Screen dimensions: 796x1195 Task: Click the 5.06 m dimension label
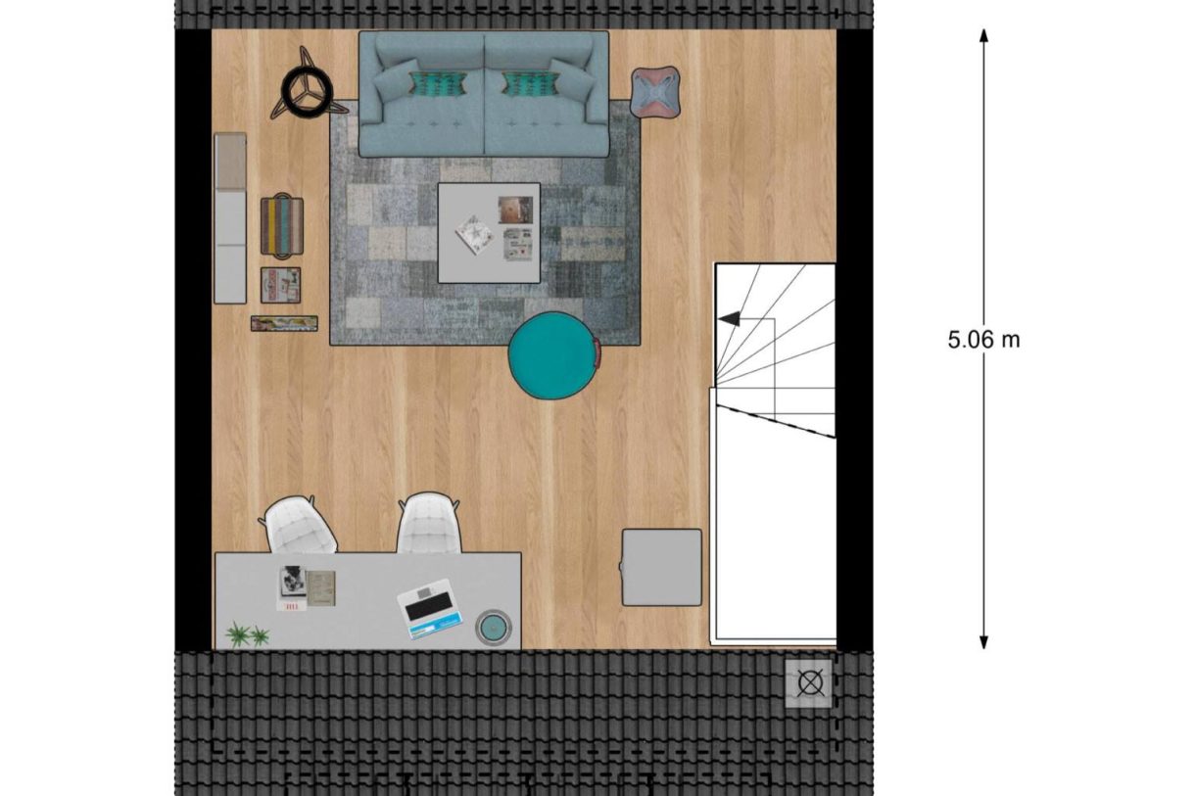983,340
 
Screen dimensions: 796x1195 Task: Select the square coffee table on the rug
489,233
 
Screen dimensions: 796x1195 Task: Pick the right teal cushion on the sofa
530,84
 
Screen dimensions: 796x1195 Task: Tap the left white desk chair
298,526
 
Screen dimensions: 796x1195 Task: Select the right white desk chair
428,525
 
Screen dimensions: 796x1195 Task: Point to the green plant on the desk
248,635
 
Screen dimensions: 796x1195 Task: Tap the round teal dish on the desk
493,627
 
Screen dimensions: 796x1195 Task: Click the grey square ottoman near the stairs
662,567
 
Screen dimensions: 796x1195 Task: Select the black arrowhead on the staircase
729,318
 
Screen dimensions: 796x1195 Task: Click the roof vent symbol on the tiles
809,683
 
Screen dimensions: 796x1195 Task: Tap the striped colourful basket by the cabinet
281,227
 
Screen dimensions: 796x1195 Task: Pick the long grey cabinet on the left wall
230,218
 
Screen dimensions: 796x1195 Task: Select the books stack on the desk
306,588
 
